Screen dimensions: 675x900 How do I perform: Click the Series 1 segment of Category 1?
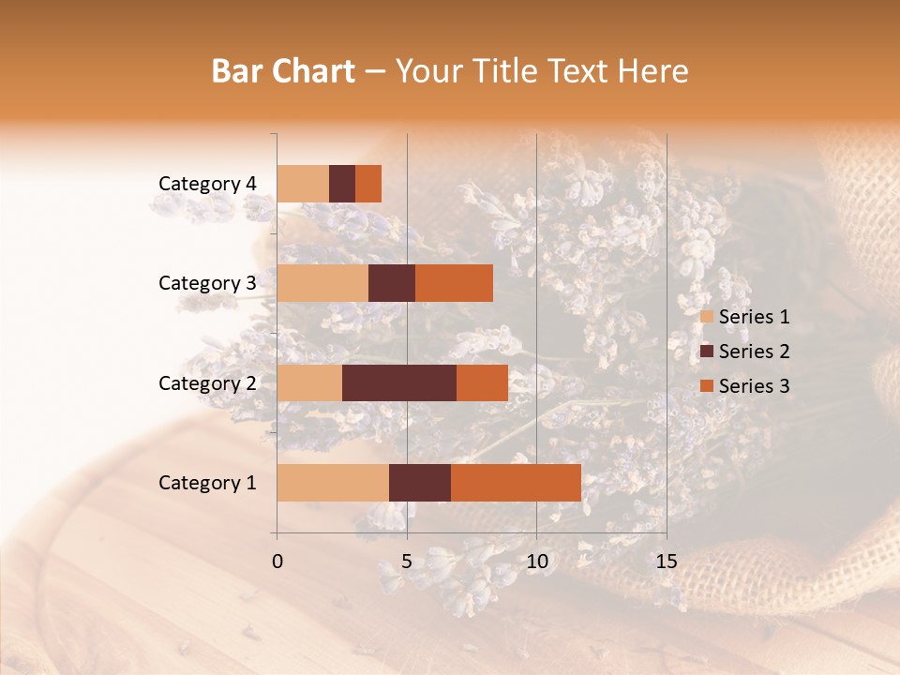[x=333, y=483]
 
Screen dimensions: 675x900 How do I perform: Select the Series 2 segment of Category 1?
[x=420, y=483]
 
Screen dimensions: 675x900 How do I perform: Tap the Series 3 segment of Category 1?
[x=516, y=483]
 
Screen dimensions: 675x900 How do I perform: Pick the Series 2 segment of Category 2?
[x=399, y=382]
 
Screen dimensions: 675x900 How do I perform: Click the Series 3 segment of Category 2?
[x=482, y=382]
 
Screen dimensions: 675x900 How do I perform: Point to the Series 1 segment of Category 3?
[x=322, y=283]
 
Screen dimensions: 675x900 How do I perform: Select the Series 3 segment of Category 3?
[x=454, y=283]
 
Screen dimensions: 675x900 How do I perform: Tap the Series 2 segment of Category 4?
[x=342, y=184]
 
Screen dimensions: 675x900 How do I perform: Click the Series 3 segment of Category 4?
[x=368, y=184]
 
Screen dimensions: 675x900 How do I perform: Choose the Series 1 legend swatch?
[x=707, y=317]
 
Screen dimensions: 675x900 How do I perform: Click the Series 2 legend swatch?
[x=707, y=352]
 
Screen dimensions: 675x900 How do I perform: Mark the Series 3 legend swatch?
[x=707, y=386]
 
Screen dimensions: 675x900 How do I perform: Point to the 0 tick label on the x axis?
[x=277, y=562]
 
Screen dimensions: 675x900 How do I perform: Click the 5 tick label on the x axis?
[x=407, y=562]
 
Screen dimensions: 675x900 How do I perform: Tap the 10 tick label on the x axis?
[x=536, y=562]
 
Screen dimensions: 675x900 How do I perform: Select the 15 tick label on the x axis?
[x=666, y=562]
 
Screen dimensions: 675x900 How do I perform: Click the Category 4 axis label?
[x=207, y=184]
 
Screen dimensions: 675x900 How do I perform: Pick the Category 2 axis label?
[x=207, y=382]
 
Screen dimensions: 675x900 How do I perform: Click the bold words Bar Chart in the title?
[x=283, y=71]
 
